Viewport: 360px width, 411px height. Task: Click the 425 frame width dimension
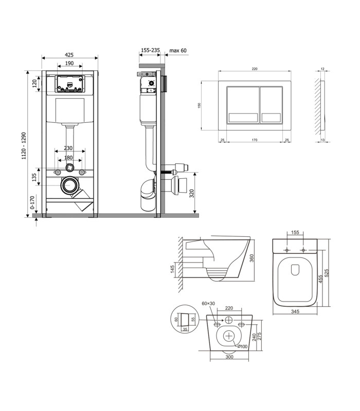click(x=69, y=55)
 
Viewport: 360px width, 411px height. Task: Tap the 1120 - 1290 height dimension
click(x=24, y=146)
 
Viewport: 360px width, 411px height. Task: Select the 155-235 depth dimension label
click(x=150, y=50)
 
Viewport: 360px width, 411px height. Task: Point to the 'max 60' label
click(x=178, y=50)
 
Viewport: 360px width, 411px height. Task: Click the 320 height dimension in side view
click(x=192, y=194)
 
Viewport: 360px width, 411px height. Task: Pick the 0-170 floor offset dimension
click(x=32, y=202)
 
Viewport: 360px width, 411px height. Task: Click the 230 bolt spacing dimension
click(x=68, y=148)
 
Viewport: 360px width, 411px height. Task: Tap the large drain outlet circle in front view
click(x=70, y=185)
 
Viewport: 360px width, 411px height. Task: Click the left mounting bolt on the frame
click(x=57, y=173)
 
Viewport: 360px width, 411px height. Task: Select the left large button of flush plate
click(x=243, y=105)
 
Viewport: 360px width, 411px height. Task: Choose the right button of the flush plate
click(x=272, y=105)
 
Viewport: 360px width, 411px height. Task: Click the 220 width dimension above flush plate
click(x=255, y=69)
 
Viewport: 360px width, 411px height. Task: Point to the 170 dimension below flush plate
click(x=255, y=140)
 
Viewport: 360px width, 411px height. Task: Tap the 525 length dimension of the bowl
click(x=327, y=273)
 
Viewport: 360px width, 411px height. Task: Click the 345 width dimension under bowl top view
click(x=295, y=311)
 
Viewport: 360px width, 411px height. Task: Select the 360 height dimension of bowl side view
click(x=251, y=258)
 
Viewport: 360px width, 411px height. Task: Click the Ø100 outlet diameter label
click(x=242, y=346)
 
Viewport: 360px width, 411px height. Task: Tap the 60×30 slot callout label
click(x=208, y=304)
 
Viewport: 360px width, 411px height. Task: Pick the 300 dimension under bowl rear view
click(x=229, y=357)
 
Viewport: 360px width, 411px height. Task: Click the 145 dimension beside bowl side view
click(x=172, y=269)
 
